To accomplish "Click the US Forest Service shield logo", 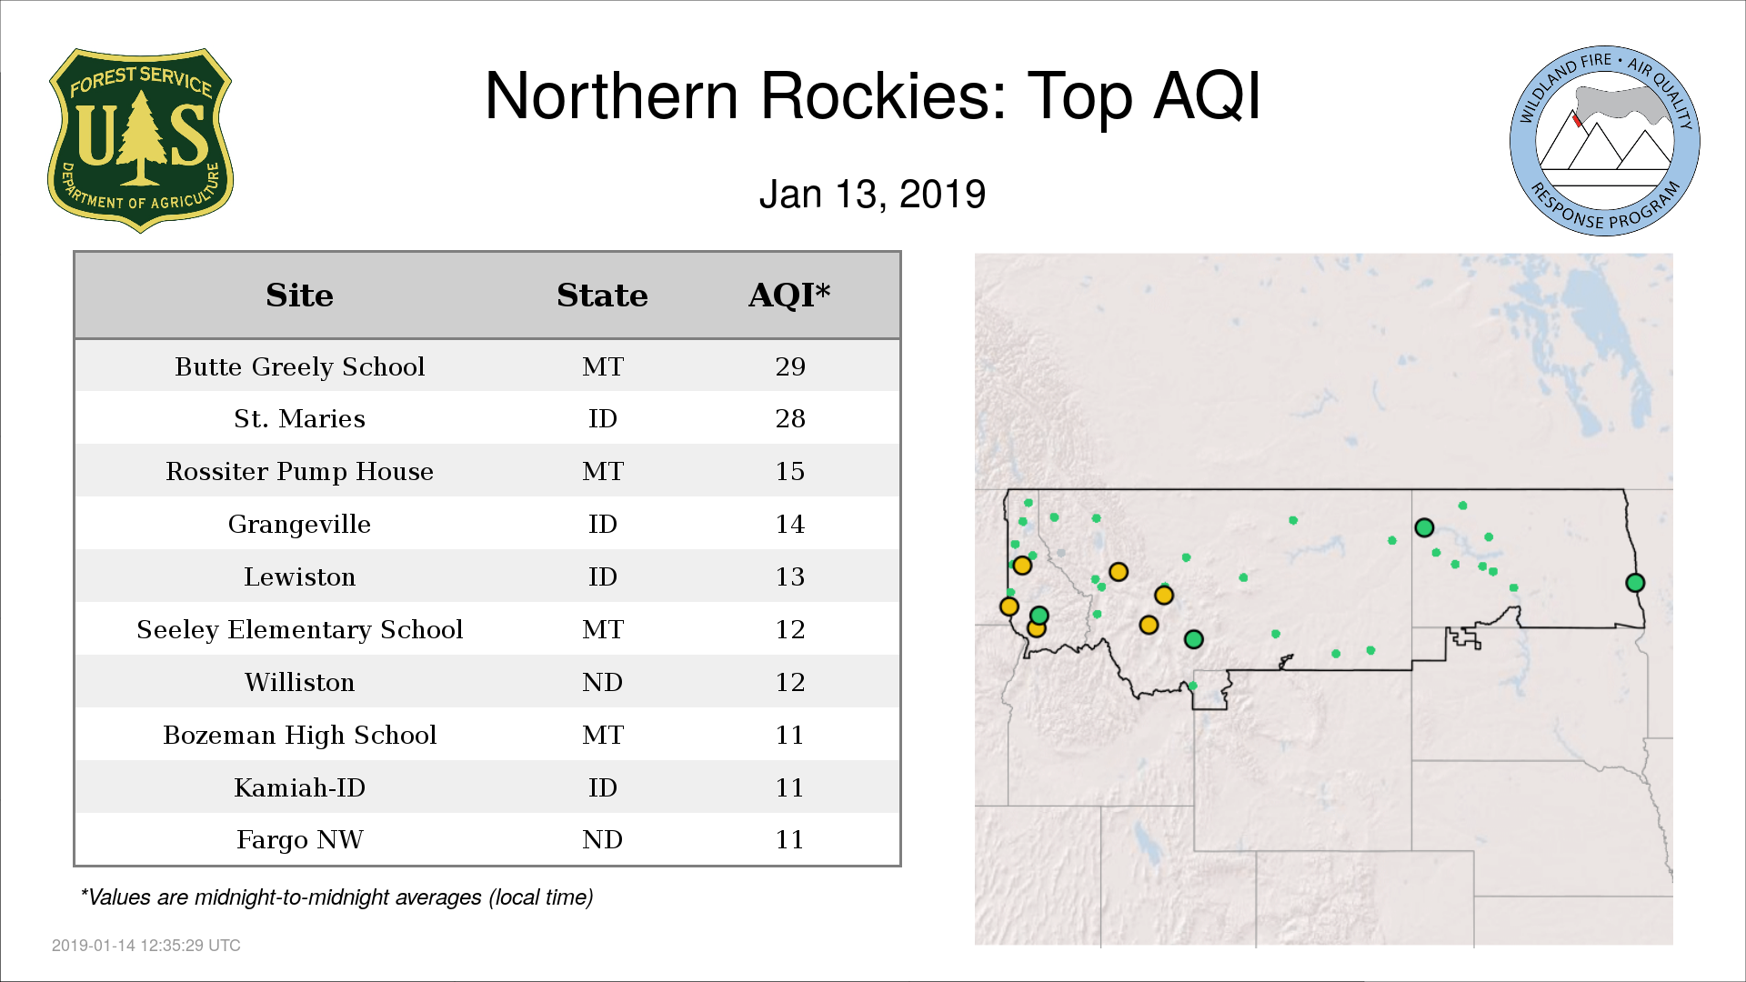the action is (x=140, y=140).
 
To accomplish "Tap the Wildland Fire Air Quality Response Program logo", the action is (x=1605, y=141).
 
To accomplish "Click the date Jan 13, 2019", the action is (x=872, y=195).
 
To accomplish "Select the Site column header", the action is (x=299, y=296).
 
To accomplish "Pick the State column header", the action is (x=602, y=296).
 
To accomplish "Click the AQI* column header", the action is (x=789, y=295).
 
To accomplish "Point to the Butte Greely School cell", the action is (x=299, y=366).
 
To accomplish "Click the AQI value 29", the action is (x=790, y=366).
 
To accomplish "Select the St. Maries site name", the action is (x=299, y=418).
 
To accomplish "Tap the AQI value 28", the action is (x=790, y=418).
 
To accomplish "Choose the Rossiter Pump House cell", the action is (x=299, y=471).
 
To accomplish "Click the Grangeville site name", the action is (x=299, y=524).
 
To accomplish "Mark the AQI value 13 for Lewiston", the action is (x=790, y=576).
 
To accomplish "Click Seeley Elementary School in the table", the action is (x=299, y=629).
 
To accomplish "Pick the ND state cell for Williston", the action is (x=602, y=682).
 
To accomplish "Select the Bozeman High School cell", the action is (x=299, y=735).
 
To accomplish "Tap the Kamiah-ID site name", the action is (x=299, y=787).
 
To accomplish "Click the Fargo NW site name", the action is (x=299, y=839).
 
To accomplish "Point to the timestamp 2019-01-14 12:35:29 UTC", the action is (x=146, y=946).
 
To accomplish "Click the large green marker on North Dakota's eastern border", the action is (x=1635, y=583).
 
